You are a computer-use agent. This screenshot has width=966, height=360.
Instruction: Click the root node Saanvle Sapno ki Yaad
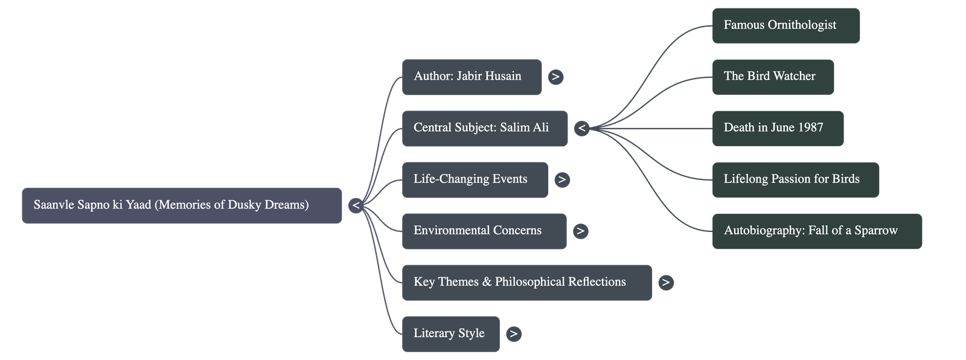pos(182,205)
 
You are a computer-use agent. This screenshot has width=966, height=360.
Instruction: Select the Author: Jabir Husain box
pos(472,77)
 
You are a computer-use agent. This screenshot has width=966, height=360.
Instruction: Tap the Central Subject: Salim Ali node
pos(484,128)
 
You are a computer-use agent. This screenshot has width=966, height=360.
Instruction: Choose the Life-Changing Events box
pos(475,179)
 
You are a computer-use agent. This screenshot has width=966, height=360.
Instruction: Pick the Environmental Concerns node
pos(484,231)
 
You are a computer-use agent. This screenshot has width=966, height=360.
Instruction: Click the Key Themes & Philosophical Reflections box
pos(526,282)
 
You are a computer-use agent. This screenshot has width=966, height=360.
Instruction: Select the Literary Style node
pos(450,333)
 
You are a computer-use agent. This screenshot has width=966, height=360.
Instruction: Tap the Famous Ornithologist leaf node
pos(785,25)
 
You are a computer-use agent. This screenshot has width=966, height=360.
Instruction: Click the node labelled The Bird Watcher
pos(773,77)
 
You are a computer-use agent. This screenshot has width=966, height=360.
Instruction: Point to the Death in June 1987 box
pos(778,128)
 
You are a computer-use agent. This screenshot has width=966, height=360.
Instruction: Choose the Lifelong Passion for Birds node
pos(795,179)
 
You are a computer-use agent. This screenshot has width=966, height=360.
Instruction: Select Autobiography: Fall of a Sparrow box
pos(817,231)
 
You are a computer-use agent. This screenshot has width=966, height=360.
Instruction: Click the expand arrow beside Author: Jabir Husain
pos(555,77)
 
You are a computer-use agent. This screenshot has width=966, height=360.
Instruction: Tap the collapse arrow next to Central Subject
pos(581,128)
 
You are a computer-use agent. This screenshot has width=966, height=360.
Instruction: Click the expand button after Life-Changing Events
pos(561,179)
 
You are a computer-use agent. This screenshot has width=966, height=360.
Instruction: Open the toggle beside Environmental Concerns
pos(580,231)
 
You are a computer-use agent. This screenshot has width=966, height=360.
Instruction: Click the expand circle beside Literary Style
pos(513,333)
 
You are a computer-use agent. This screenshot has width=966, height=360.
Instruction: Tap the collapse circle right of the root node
pos(356,205)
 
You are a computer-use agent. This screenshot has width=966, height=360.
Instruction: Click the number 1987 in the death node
pos(810,128)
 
